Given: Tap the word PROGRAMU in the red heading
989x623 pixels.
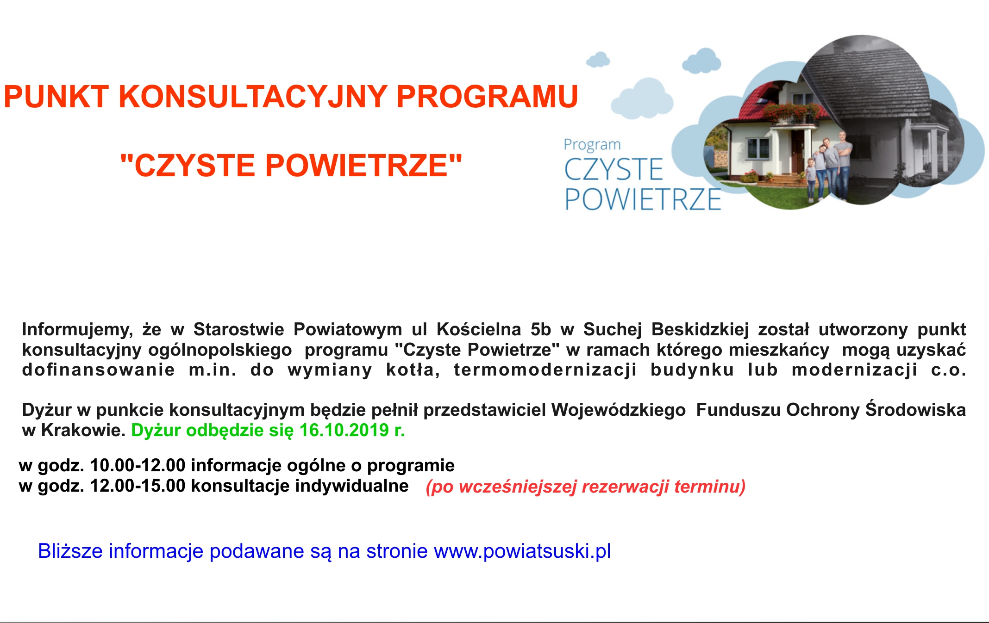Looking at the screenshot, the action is tap(487, 97).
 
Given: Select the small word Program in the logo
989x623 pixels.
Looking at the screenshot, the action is tap(592, 145).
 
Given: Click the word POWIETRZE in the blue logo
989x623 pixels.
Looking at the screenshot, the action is tap(643, 199).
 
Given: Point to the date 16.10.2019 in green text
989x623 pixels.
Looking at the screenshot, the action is tap(344, 430).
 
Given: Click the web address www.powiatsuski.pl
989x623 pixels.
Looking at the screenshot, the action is tap(522, 551).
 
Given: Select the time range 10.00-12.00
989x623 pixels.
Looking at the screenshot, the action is tap(138, 465).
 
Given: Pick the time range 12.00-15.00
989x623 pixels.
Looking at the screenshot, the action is tap(138, 486).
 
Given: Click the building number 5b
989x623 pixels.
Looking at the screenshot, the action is tap(541, 329).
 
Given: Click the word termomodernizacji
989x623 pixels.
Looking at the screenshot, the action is tap(545, 370).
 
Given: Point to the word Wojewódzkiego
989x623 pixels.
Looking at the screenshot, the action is tap(619, 410).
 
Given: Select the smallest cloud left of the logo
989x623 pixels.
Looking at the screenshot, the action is tap(598, 60).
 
